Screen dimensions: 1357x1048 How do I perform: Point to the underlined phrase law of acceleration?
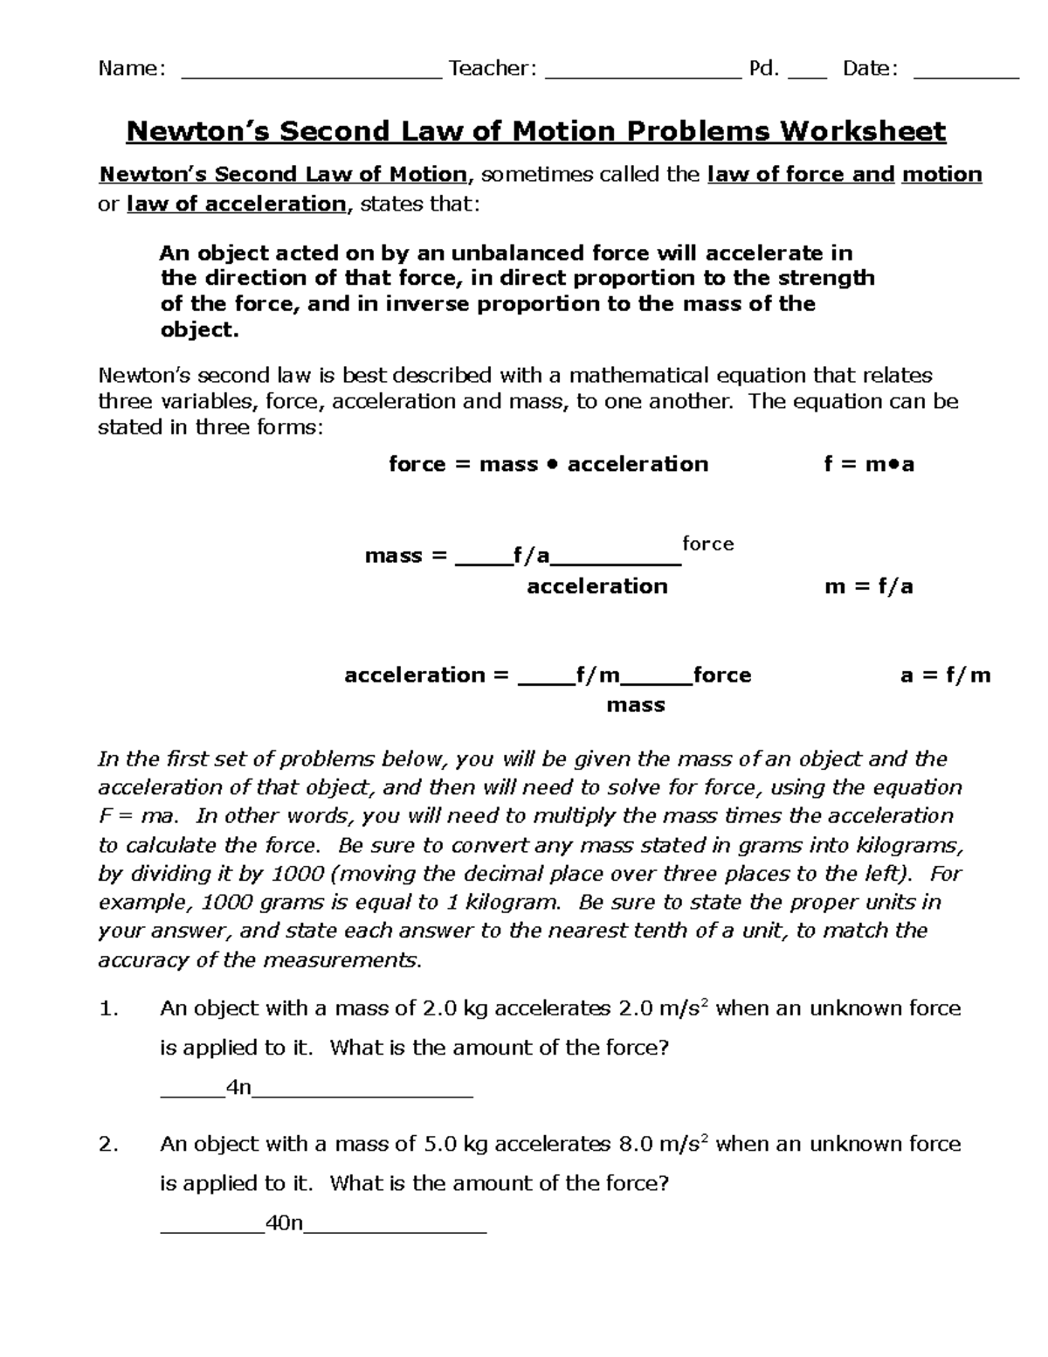237,204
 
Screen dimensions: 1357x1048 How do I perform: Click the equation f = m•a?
869,464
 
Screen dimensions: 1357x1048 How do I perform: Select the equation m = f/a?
869,586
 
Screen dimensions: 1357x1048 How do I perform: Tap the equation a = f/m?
945,675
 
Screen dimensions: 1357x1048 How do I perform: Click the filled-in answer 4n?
238,1087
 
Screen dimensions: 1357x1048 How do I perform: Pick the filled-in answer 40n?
283,1223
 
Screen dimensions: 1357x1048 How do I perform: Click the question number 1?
107,1009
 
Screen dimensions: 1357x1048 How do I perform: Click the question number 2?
107,1145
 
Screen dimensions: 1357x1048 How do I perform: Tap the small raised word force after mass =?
707,544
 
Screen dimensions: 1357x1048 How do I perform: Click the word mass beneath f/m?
636,705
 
